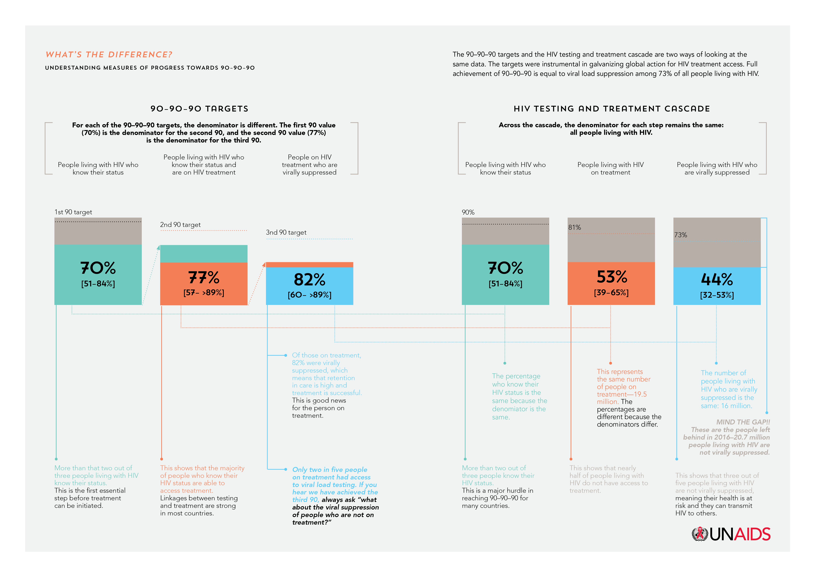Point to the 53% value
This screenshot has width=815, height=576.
click(611, 277)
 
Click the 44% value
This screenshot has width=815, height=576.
click(717, 279)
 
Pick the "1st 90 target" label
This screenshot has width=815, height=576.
click(73, 212)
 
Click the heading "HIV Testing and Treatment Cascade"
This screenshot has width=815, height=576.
click(612, 109)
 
